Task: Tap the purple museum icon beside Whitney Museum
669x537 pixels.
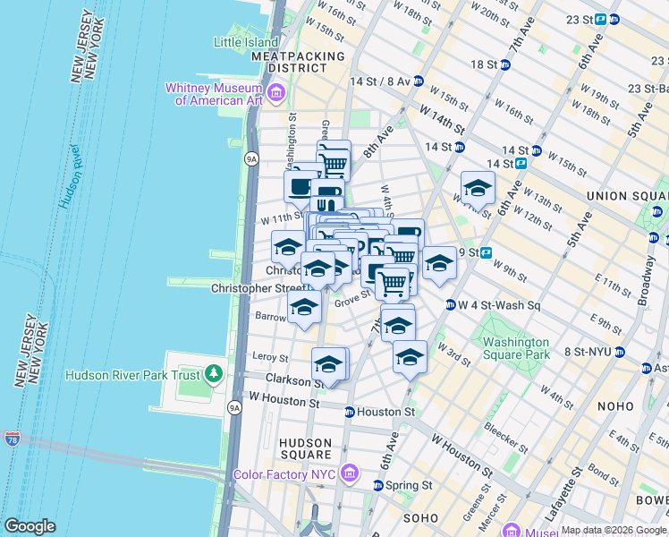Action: pos(275,92)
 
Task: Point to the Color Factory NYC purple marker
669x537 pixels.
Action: pos(349,473)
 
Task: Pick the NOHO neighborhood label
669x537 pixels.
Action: pos(615,406)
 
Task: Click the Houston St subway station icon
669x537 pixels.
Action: pos(350,412)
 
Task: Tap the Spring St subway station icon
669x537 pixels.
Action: pos(377,485)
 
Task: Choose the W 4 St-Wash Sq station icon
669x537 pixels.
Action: pos(451,305)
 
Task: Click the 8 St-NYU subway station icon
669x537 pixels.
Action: pos(619,352)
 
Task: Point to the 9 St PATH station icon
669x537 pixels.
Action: pos(487,252)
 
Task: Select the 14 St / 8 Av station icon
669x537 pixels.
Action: pos(417,81)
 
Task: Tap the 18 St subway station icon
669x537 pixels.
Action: pos(505,64)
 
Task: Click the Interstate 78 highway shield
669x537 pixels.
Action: pos(12,439)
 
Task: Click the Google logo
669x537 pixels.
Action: pos(30,526)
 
